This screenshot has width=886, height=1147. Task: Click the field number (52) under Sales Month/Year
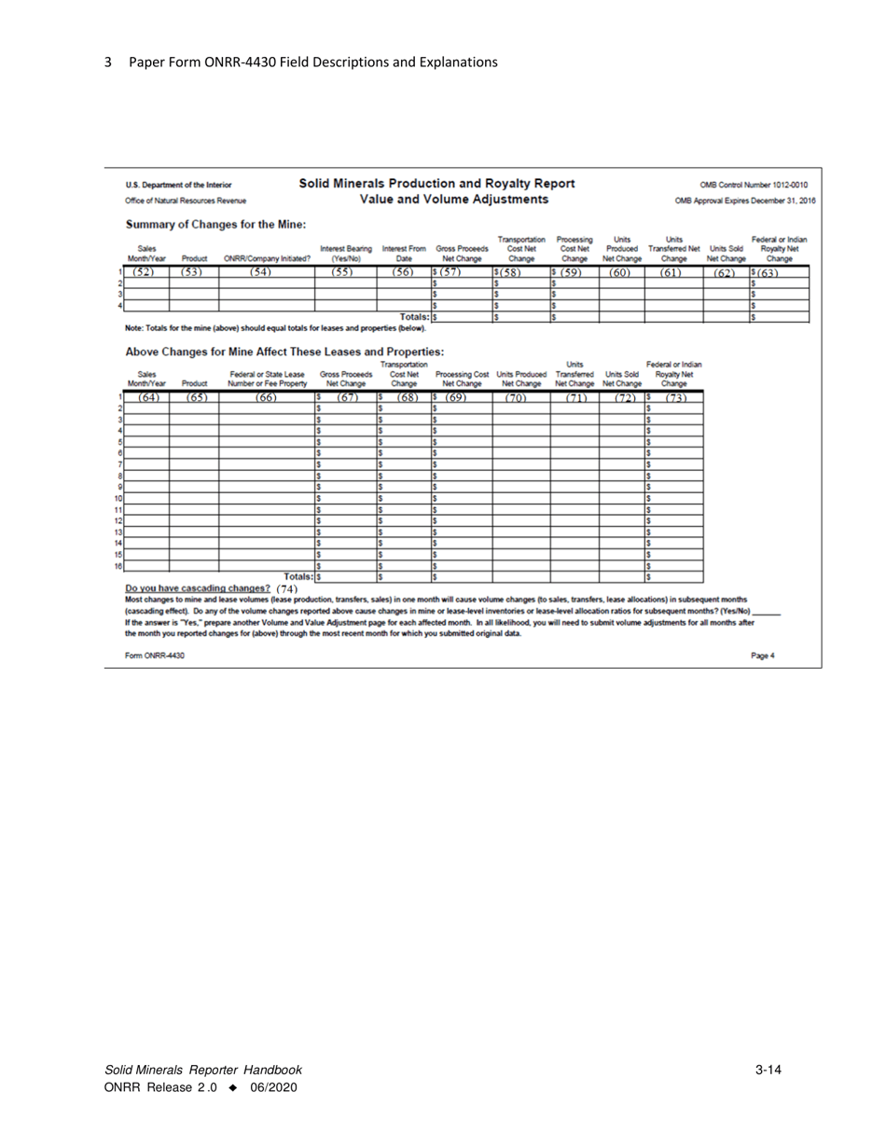(146, 272)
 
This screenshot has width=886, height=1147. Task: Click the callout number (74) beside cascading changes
(287, 586)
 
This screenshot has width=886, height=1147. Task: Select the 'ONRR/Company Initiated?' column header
(266, 260)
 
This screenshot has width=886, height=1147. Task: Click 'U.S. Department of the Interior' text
(179, 184)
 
